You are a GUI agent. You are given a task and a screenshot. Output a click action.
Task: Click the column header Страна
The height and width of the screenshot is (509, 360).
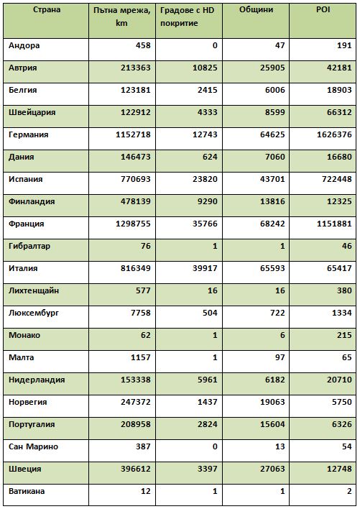(47, 10)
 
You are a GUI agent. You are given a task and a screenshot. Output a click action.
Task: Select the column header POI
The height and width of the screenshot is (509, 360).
(323, 10)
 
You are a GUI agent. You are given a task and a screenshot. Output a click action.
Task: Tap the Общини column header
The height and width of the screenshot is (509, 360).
(257, 10)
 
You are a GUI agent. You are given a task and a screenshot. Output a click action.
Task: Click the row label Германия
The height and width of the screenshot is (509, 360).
(29, 134)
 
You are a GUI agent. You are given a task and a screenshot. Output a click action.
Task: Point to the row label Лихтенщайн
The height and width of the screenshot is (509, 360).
(34, 290)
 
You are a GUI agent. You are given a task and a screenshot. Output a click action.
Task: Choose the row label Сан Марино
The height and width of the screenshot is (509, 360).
(33, 446)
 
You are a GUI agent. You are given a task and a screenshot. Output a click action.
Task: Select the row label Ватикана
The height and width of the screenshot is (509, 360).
(27, 491)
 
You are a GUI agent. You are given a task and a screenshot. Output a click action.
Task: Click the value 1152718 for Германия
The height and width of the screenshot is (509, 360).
(134, 134)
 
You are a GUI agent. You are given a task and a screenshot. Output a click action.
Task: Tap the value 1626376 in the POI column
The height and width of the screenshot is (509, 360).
(334, 134)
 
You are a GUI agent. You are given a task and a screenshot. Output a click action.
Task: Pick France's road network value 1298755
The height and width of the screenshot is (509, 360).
(134, 224)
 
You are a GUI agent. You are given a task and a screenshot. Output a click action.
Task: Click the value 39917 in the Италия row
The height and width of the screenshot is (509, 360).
(205, 268)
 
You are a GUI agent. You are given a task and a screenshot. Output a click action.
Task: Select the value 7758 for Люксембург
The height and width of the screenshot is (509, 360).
(141, 313)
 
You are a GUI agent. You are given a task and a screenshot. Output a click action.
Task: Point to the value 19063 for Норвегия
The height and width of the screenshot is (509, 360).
(272, 402)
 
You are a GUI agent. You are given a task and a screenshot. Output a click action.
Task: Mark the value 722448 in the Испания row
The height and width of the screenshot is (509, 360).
(337, 179)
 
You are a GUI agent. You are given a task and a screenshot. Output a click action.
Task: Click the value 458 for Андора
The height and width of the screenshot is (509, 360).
(143, 45)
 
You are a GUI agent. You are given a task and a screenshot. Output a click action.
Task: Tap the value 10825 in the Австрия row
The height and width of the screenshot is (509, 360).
(205, 68)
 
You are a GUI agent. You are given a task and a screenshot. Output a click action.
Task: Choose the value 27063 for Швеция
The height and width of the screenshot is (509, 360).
(272, 469)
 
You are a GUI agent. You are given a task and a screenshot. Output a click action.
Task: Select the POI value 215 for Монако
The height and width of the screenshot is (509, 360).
(344, 335)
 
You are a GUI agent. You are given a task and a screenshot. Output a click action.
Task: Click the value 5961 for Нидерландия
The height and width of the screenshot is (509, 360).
(208, 380)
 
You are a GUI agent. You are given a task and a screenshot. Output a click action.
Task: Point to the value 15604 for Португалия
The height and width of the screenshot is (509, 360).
(272, 424)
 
